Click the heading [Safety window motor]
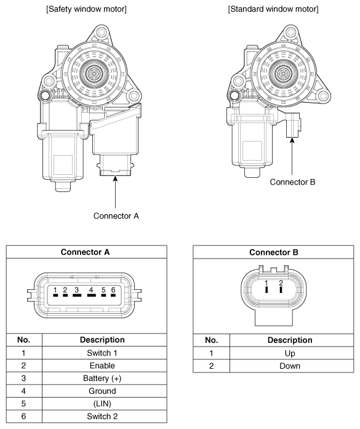tap(86, 9)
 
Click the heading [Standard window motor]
tap(273, 9)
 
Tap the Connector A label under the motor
tap(116, 216)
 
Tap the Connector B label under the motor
tap(292, 182)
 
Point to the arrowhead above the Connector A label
tap(116, 178)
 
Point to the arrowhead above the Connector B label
tap(292, 140)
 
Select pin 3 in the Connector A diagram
tap(77, 295)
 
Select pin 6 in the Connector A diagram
tap(113, 295)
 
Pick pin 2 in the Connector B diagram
tap(281, 289)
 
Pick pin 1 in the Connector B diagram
tap(266, 289)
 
